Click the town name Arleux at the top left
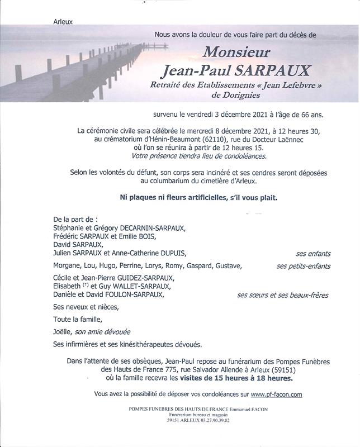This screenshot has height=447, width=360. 63,22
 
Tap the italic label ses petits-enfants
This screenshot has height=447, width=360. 303,266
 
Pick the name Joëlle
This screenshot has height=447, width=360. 63,332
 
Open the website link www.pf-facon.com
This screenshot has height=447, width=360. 276,394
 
